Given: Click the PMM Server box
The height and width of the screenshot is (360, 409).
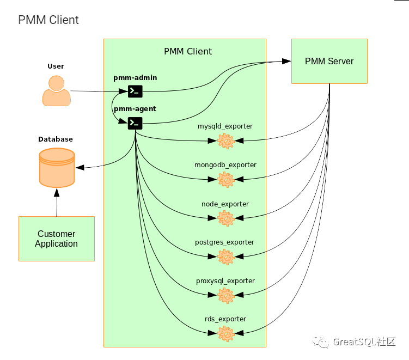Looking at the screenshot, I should [x=329, y=61].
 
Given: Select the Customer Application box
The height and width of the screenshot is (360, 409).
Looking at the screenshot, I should [x=57, y=239].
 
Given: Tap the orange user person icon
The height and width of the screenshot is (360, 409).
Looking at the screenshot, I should [x=56, y=90].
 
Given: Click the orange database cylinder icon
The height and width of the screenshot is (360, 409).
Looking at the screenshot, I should [x=57, y=168].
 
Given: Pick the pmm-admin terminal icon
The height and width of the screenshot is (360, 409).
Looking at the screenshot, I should [x=135, y=91].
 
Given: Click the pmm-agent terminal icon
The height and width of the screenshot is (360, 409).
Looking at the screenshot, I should [x=135, y=123].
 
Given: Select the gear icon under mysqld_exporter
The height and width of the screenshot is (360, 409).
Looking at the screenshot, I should [x=225, y=141].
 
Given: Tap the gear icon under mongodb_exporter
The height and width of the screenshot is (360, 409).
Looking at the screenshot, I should [x=225, y=180].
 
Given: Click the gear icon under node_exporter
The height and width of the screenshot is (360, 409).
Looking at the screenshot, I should [x=225, y=218].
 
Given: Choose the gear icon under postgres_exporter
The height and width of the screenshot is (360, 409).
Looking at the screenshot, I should [x=225, y=257].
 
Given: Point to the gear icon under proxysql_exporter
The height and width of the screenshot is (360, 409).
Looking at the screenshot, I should [x=225, y=295].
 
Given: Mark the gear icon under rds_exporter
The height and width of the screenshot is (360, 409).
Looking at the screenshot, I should [x=225, y=333].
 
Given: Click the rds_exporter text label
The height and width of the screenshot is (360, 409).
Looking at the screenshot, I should [x=225, y=319].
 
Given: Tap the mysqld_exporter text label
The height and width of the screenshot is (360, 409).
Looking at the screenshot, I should [x=225, y=126].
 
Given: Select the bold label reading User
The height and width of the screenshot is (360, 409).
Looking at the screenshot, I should [x=56, y=66].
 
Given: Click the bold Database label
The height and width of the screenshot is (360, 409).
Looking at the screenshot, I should [x=56, y=139].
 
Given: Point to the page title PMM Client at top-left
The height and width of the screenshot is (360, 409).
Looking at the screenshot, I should [x=48, y=20].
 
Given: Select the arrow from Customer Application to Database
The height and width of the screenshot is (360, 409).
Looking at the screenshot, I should [x=56, y=203].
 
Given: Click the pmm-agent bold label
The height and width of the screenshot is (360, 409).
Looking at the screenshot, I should [x=135, y=108].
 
